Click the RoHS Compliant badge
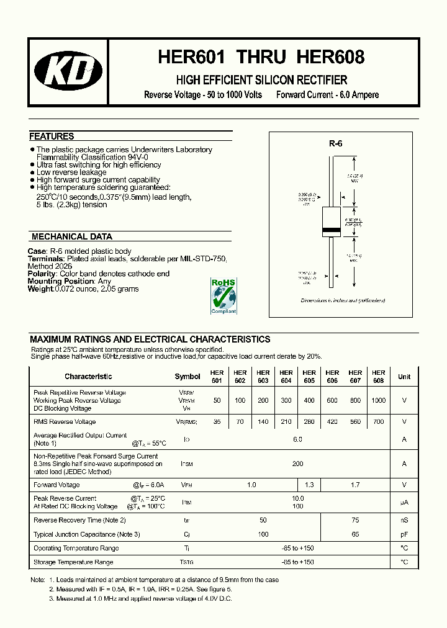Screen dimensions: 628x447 pos(223,296)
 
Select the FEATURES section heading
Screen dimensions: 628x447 pos(52,137)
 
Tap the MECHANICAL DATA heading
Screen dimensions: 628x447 pos(71,236)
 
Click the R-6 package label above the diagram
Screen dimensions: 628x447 pos(335,143)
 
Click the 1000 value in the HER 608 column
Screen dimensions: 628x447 pos(378,401)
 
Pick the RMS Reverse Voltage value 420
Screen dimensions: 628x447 pos(332,421)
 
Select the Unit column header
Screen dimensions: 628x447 pos(404,377)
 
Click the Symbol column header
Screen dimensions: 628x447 pos(187,377)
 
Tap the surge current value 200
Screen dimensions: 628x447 pos(297,464)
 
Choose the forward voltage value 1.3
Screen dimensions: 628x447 pos(309,485)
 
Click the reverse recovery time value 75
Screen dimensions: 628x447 pos(354,520)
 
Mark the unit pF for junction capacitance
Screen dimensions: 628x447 pos(404,534)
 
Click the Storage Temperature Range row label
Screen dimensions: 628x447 pos(73,562)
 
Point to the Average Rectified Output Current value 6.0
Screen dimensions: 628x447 pos(297,439)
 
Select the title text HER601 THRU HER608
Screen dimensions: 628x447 pos(261,57)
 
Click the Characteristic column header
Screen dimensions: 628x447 pos(88,377)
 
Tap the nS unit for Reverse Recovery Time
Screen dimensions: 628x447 pos(404,520)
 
